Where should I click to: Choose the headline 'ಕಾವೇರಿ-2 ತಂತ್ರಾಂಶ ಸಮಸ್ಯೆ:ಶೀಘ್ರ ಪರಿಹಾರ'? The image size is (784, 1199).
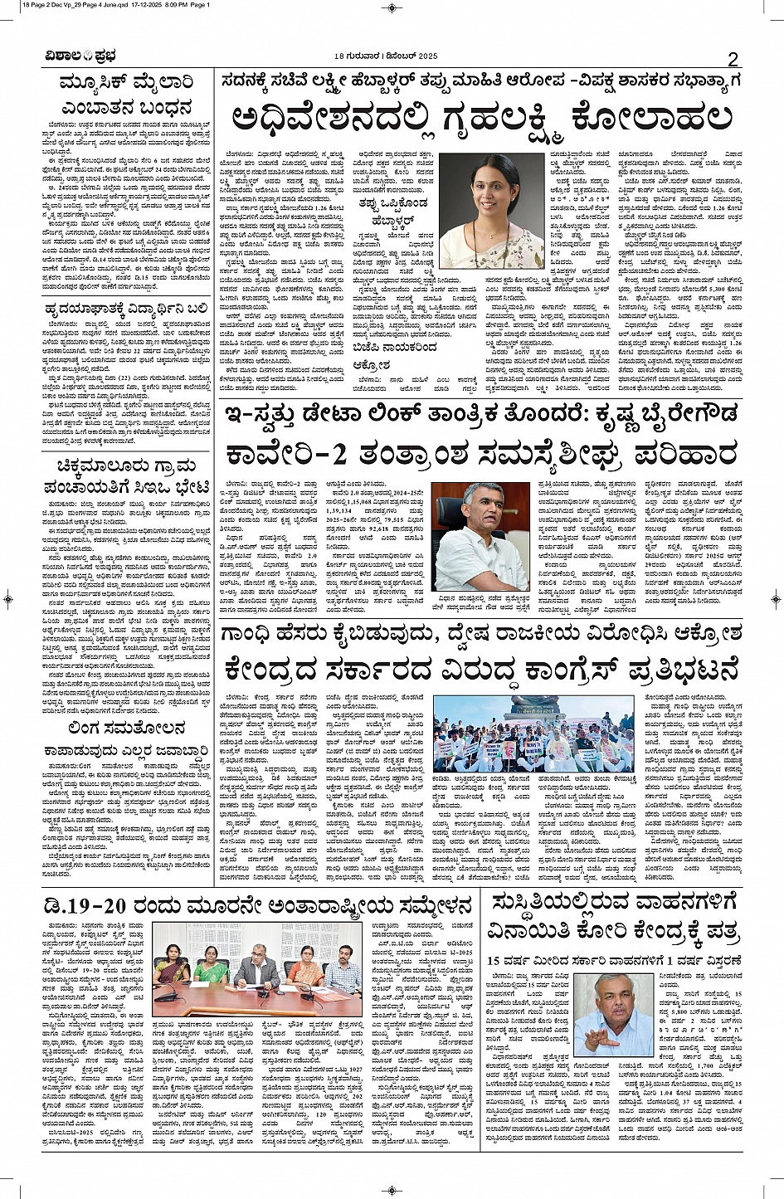[x=482, y=456]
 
